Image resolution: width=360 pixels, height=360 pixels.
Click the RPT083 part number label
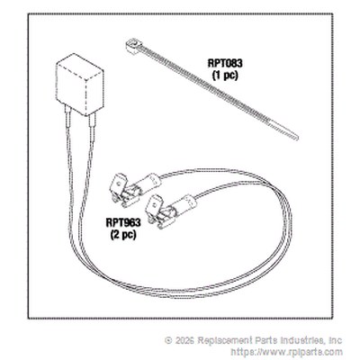pyautogui.click(x=225, y=63)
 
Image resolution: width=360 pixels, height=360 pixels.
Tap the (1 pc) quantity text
pyautogui.click(x=225, y=76)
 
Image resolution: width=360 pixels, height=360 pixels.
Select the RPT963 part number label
pyautogui.click(x=123, y=223)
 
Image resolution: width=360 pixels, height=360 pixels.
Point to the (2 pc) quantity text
pyautogui.click(x=123, y=235)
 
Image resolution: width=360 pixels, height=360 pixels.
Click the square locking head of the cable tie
pyautogui.click(x=131, y=46)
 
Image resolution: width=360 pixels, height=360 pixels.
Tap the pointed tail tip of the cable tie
pyautogui.click(x=295, y=138)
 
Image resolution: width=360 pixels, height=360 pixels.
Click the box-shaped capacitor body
pyautogui.click(x=79, y=85)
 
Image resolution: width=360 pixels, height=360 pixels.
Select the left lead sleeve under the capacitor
pyautogui.click(x=68, y=117)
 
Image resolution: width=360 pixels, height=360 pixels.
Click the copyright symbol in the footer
pyautogui.click(x=168, y=340)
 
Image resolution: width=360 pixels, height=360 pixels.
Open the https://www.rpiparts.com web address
pyautogui.click(x=286, y=352)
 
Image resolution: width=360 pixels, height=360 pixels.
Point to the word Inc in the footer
pyautogui.click(x=336, y=340)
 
